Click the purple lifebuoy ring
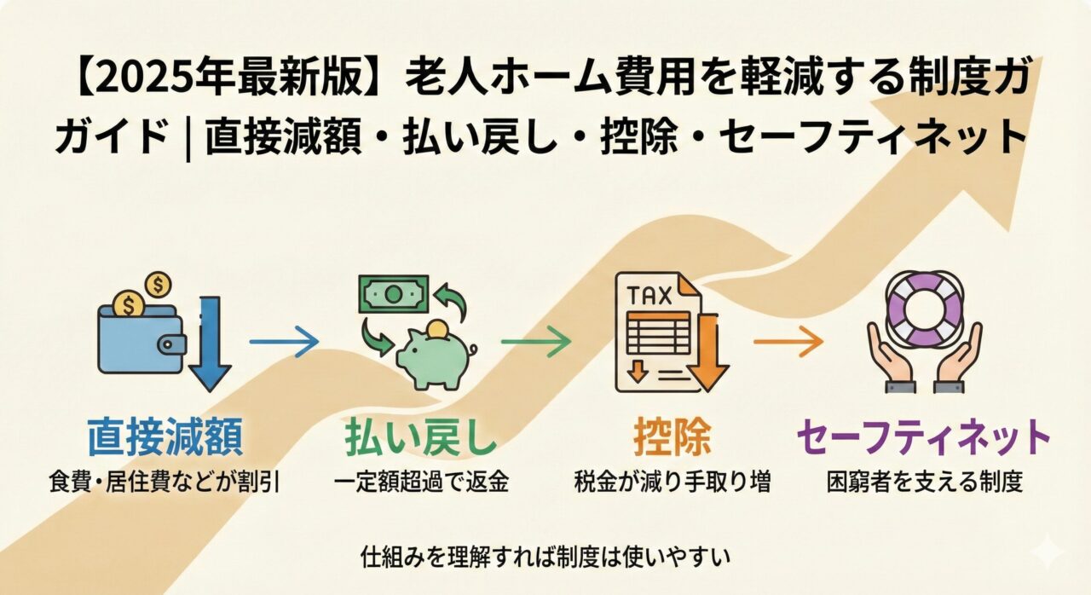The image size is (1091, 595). (x=924, y=309)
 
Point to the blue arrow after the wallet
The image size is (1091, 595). (x=284, y=343)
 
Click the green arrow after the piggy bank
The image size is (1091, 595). (x=535, y=343)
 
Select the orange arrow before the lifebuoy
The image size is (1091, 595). (x=788, y=343)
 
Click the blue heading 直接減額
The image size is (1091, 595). (x=165, y=437)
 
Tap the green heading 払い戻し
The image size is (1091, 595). (x=420, y=437)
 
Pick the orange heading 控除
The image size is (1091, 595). (x=673, y=437)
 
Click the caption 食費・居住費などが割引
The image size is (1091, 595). (x=165, y=482)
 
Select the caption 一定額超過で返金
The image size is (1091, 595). (x=421, y=482)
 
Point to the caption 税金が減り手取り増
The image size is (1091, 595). (x=673, y=482)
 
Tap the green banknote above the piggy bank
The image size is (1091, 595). (x=393, y=294)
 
